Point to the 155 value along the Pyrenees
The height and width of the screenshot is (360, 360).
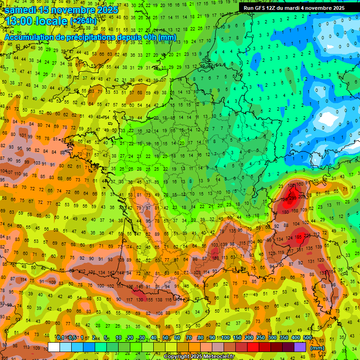click(150, 300)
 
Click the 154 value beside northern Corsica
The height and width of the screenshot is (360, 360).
click(332, 271)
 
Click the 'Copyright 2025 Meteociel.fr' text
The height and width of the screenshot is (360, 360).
click(199, 357)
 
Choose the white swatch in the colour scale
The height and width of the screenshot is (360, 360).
click(53, 347)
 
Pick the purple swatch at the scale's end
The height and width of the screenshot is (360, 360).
click(300, 347)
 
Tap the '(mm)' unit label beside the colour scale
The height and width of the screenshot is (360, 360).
click(317, 348)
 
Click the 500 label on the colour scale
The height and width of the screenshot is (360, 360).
click(307, 338)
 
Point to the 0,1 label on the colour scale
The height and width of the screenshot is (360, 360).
click(60, 338)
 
